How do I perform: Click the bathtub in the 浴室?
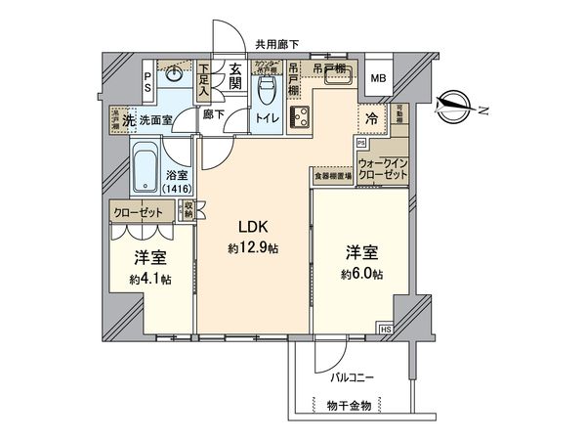[145, 168]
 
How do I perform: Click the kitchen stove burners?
[301, 117]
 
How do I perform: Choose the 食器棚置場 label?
[332, 177]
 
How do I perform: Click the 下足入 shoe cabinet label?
[203, 79]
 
